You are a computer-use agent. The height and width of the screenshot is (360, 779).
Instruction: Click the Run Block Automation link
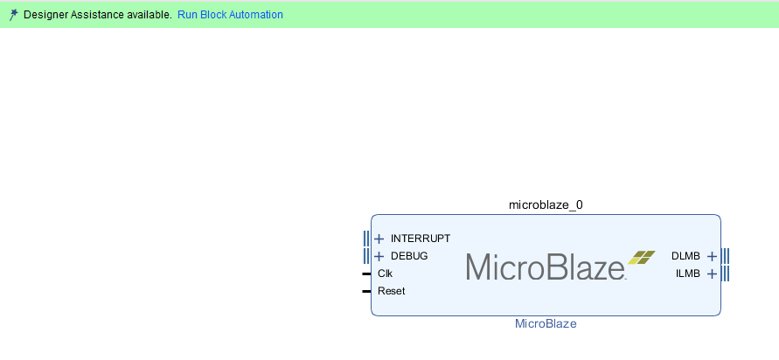230,15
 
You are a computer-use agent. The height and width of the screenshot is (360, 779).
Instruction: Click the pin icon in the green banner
13,15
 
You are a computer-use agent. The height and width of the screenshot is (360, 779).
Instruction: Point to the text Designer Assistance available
97,15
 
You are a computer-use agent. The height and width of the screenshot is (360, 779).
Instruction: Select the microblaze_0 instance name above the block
546,204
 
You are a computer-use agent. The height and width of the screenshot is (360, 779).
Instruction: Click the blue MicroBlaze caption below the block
546,323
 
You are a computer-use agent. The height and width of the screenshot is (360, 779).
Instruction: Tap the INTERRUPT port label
421,239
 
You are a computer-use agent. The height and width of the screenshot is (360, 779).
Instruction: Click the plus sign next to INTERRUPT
379,239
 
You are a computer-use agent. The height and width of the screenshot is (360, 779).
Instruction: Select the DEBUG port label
409,256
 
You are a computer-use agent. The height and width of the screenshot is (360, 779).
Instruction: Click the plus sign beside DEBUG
379,256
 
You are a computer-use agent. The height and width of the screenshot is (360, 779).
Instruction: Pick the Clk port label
385,273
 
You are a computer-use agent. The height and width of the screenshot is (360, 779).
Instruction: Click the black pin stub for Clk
366,273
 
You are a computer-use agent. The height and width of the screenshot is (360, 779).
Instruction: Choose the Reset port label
391,291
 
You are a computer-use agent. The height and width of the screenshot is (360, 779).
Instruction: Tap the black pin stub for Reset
366,291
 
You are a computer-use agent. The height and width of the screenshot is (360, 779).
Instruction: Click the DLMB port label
685,256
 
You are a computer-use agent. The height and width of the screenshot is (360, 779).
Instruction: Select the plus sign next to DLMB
712,256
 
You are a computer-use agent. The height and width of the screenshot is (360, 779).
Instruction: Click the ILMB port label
687,273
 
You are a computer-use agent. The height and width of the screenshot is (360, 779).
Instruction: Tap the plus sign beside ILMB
712,273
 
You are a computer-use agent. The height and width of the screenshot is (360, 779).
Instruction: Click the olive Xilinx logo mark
641,257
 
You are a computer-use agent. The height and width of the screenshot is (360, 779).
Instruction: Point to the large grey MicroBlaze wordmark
545,267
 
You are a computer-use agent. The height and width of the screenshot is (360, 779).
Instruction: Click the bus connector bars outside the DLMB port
726,256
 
